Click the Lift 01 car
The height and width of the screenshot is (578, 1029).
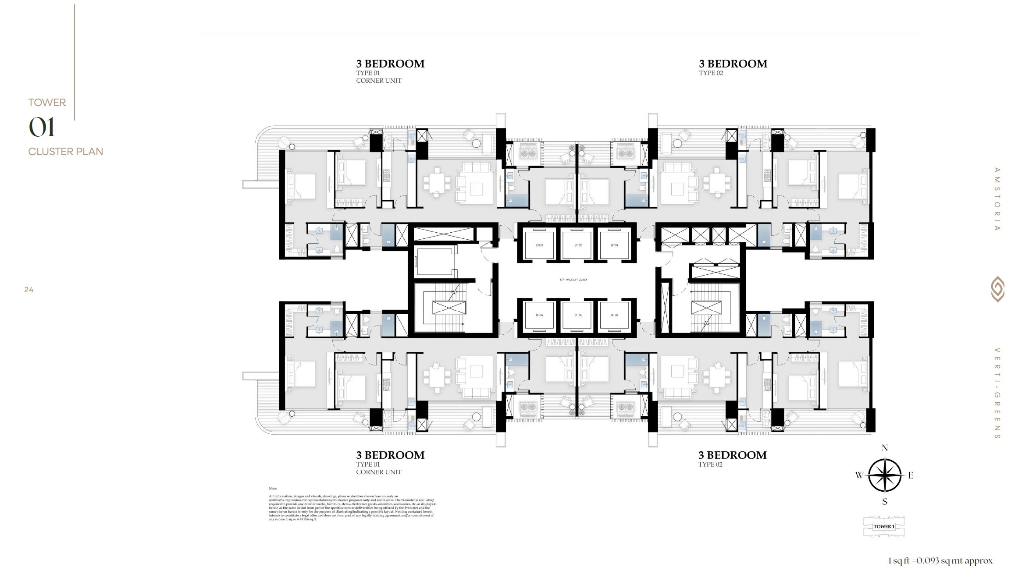coord(539,245)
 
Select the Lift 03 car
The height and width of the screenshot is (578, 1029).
coord(614,245)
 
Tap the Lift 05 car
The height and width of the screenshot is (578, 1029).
coord(577,315)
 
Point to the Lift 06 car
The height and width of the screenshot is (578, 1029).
coord(539,315)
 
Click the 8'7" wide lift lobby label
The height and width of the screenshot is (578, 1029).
coord(573,280)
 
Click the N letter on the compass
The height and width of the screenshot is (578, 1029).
coord(885,448)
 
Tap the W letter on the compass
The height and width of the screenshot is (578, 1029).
coord(859,475)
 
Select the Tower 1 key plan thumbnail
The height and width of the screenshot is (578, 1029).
coord(884,526)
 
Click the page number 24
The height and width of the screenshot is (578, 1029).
coord(29,290)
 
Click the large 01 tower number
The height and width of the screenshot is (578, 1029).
coord(42,128)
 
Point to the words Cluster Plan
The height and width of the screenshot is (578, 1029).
coord(66,152)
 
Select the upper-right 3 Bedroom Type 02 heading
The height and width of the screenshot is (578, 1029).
coord(733,64)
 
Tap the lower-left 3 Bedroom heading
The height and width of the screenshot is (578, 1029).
coord(390,455)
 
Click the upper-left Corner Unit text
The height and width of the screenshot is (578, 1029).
coord(378,81)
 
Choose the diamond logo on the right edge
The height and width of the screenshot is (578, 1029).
coord(997,289)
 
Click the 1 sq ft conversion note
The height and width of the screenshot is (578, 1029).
coord(940,560)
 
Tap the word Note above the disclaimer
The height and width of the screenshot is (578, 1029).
coord(273,488)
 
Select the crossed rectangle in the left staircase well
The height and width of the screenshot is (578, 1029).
coord(449,308)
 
